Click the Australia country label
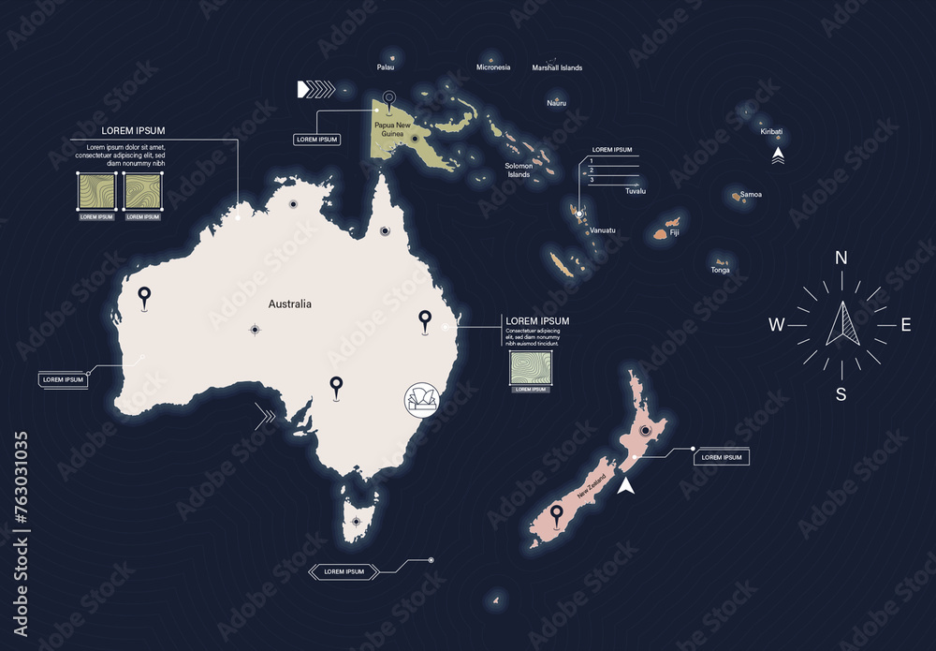(x=289, y=303)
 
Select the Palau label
(x=386, y=67)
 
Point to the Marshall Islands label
(x=557, y=67)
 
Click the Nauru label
(x=557, y=103)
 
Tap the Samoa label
(x=751, y=195)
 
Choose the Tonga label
(x=720, y=270)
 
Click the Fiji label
(x=674, y=230)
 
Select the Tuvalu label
(x=636, y=190)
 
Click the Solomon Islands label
(x=519, y=170)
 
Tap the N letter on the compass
(x=841, y=259)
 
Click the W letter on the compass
(x=776, y=326)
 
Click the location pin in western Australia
(x=144, y=298)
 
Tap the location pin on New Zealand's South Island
(x=557, y=514)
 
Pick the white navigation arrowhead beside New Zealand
(x=627, y=484)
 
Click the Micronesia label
(x=493, y=67)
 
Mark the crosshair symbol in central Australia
(x=255, y=329)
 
